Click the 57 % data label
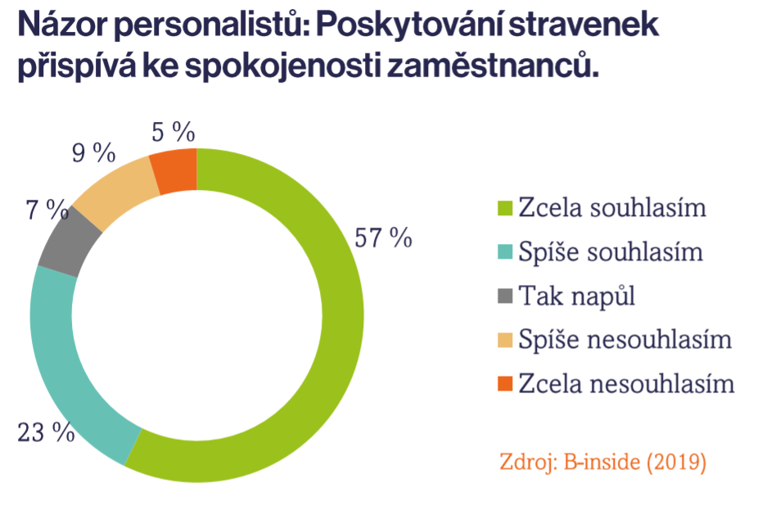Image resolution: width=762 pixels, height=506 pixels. pos(383,237)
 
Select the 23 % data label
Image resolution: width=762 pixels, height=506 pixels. pos(46,431)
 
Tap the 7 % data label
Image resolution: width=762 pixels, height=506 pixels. pos(47,210)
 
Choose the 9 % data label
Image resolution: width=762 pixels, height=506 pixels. pos(94,152)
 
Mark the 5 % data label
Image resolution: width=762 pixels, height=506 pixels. pos(173,132)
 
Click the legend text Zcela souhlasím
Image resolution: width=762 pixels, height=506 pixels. pos(612,207)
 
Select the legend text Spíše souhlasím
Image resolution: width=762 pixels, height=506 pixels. pos(611,252)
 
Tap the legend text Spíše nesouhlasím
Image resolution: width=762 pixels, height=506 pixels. pos(625,339)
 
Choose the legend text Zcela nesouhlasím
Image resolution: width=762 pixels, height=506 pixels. pos(627,383)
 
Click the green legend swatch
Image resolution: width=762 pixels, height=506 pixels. pos(506,208)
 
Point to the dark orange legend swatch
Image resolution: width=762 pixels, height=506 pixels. pos(506,383)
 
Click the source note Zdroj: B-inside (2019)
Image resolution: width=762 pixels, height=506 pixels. pos(602,461)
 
